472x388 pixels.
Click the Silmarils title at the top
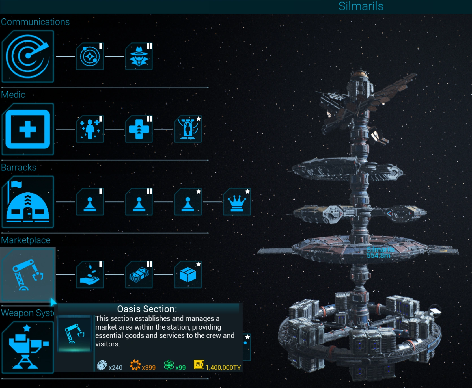point(361,6)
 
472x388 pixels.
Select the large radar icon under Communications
point(27,56)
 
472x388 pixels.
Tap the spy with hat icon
point(139,56)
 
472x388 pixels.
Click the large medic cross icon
point(27,129)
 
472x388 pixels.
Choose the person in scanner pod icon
point(188,129)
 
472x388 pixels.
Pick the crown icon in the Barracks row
point(237,202)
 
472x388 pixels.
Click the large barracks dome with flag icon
point(27,202)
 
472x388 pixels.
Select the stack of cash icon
point(139,275)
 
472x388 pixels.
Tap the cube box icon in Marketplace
point(188,275)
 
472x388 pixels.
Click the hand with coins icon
point(90,275)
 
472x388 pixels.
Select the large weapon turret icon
point(27,347)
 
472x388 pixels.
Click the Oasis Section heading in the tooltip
point(147,309)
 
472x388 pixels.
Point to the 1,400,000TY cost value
point(223,367)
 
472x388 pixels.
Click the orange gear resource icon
point(135,365)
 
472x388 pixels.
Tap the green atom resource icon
point(169,365)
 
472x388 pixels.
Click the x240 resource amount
point(115,367)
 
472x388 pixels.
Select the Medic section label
point(13,94)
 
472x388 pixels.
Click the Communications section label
point(35,22)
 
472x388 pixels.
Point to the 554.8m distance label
point(378,255)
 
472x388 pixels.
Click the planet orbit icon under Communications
point(90,56)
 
